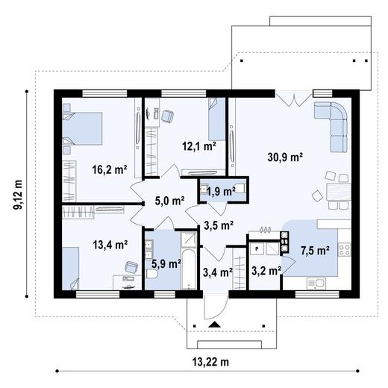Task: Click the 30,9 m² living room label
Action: (284, 157)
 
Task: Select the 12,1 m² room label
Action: (199, 146)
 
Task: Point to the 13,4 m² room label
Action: (110, 244)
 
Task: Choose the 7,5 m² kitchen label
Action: (315, 251)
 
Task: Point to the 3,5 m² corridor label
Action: (219, 225)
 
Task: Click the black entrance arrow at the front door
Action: (215, 324)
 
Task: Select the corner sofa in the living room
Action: (335, 119)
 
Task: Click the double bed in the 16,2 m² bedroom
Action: (81, 128)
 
